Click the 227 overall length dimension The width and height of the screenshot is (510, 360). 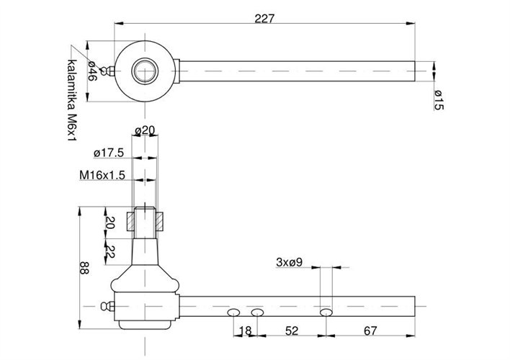264,19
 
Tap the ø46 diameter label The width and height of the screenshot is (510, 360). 92,71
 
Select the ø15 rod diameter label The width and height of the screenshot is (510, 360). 439,100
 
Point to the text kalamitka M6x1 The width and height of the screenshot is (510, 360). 72,100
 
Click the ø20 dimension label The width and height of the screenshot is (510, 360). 145,131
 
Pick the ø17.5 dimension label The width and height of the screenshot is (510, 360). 109,153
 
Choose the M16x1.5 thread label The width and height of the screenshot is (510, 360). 102,175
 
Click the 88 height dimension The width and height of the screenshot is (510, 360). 84,268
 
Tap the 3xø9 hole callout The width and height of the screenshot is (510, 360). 289,262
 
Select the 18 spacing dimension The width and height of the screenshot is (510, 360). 246,330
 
